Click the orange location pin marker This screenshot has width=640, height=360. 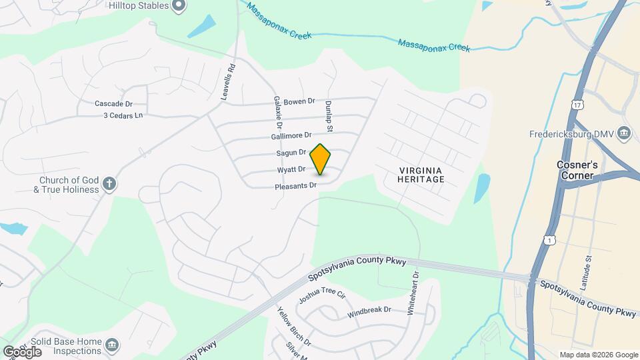[x=320, y=159]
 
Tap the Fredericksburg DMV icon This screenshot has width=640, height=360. [x=624, y=133]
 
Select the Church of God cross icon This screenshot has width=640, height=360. [x=110, y=183]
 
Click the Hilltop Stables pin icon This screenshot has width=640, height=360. [x=178, y=6]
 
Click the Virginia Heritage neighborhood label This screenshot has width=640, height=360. [x=420, y=175]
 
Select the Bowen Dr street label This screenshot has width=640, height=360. [x=299, y=101]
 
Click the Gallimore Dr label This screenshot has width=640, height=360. [x=291, y=135]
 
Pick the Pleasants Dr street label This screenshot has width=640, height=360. [x=295, y=185]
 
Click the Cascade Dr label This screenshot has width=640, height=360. [x=114, y=103]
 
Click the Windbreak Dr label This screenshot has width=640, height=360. [x=369, y=310]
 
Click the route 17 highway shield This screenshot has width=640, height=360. [x=577, y=105]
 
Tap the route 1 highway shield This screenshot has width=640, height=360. [x=549, y=239]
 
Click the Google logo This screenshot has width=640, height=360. [x=22, y=351]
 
